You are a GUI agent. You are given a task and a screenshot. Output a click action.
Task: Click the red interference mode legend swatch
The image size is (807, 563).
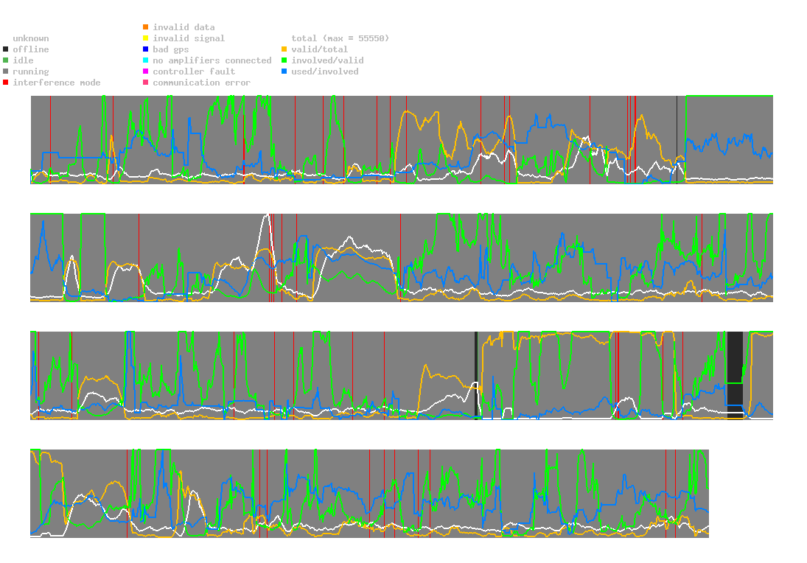tap(6, 83)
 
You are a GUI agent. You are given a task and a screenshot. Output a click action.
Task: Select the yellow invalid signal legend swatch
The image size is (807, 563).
tap(146, 38)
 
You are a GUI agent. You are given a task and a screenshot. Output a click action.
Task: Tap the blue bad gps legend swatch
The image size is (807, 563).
tap(146, 49)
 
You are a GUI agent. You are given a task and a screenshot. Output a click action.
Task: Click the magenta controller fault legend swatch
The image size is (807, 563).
tap(146, 71)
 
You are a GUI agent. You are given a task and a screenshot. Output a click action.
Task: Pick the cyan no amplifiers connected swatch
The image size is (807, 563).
tap(146, 60)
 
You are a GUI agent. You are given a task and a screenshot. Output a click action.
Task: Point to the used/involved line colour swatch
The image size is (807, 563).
tap(284, 71)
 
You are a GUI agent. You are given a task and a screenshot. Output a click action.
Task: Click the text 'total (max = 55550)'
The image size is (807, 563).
tap(340, 38)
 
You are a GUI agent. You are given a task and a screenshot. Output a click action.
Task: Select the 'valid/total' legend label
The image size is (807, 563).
tap(319, 49)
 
